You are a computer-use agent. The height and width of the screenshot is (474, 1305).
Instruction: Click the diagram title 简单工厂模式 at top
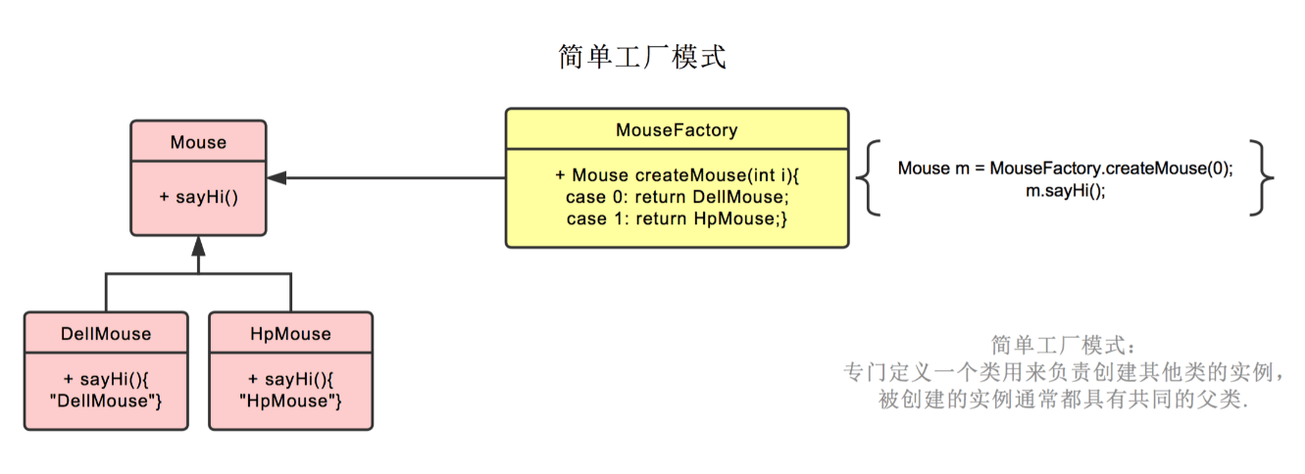642,57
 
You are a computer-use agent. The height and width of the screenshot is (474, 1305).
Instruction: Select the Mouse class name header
198,142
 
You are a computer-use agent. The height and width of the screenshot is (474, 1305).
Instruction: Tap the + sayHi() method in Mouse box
199,197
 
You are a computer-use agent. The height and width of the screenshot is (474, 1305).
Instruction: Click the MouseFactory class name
677,129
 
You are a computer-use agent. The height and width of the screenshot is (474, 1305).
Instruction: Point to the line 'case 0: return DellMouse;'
677,197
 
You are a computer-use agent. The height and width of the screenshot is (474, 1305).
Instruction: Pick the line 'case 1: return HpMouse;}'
677,218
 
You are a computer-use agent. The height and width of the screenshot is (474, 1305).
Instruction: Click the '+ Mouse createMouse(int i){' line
677,175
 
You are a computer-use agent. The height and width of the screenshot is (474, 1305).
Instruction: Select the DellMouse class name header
106,334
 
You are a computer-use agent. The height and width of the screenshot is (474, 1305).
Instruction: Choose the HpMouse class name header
291,334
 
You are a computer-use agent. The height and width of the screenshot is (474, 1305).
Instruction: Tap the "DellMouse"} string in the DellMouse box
106,401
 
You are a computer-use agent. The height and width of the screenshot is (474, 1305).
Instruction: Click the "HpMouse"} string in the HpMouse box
291,401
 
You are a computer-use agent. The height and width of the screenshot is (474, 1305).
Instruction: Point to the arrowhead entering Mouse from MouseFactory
276,178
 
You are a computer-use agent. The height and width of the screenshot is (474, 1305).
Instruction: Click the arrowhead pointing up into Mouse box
199,246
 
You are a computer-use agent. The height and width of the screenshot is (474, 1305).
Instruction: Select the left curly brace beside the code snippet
868,178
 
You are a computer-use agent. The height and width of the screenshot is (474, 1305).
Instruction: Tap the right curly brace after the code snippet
1262,178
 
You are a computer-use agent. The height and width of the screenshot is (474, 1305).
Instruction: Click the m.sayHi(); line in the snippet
1065,191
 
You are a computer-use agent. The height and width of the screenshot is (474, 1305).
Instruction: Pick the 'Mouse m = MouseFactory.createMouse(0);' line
1065,168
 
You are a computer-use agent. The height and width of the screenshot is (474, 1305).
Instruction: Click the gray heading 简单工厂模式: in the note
1064,346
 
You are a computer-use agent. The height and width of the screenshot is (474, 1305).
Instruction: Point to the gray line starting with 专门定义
1064,372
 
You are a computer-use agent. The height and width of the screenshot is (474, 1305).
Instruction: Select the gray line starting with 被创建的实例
1064,399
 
